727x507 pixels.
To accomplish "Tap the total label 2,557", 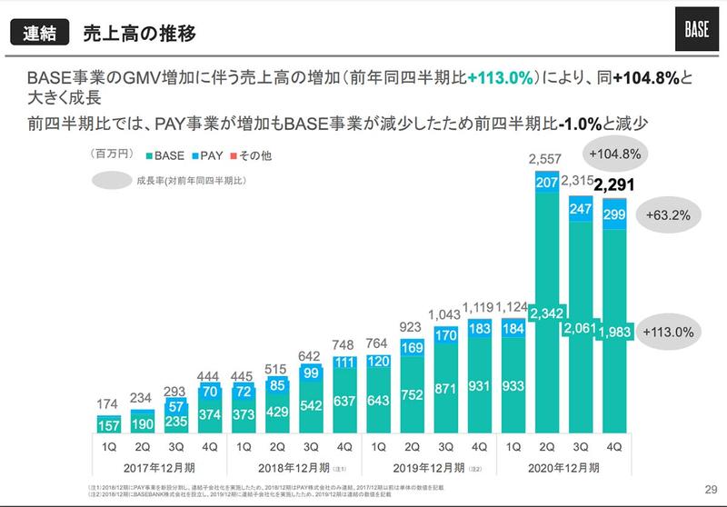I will (x=546, y=161).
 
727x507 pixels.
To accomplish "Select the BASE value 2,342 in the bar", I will (x=546, y=315).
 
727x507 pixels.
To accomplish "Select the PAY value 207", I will (x=546, y=184).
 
